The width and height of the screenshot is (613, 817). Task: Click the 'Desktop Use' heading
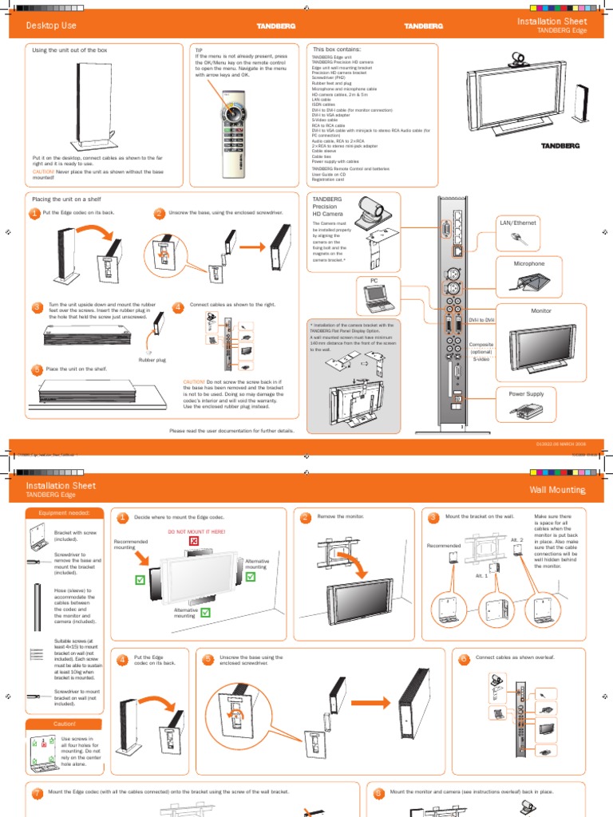coord(51,26)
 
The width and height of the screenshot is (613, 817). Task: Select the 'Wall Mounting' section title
coord(556,489)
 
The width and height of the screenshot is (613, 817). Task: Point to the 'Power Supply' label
coord(525,393)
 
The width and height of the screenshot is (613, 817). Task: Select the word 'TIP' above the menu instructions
coord(200,49)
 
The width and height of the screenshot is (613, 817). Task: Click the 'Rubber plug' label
coord(152,360)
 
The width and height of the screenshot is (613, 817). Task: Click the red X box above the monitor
coord(192,543)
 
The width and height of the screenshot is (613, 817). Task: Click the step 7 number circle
coord(37,794)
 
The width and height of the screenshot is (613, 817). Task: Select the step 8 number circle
coord(378,794)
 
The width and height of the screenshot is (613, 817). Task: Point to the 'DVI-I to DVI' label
coord(481,319)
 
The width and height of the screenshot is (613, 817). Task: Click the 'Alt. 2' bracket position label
coord(516,540)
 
